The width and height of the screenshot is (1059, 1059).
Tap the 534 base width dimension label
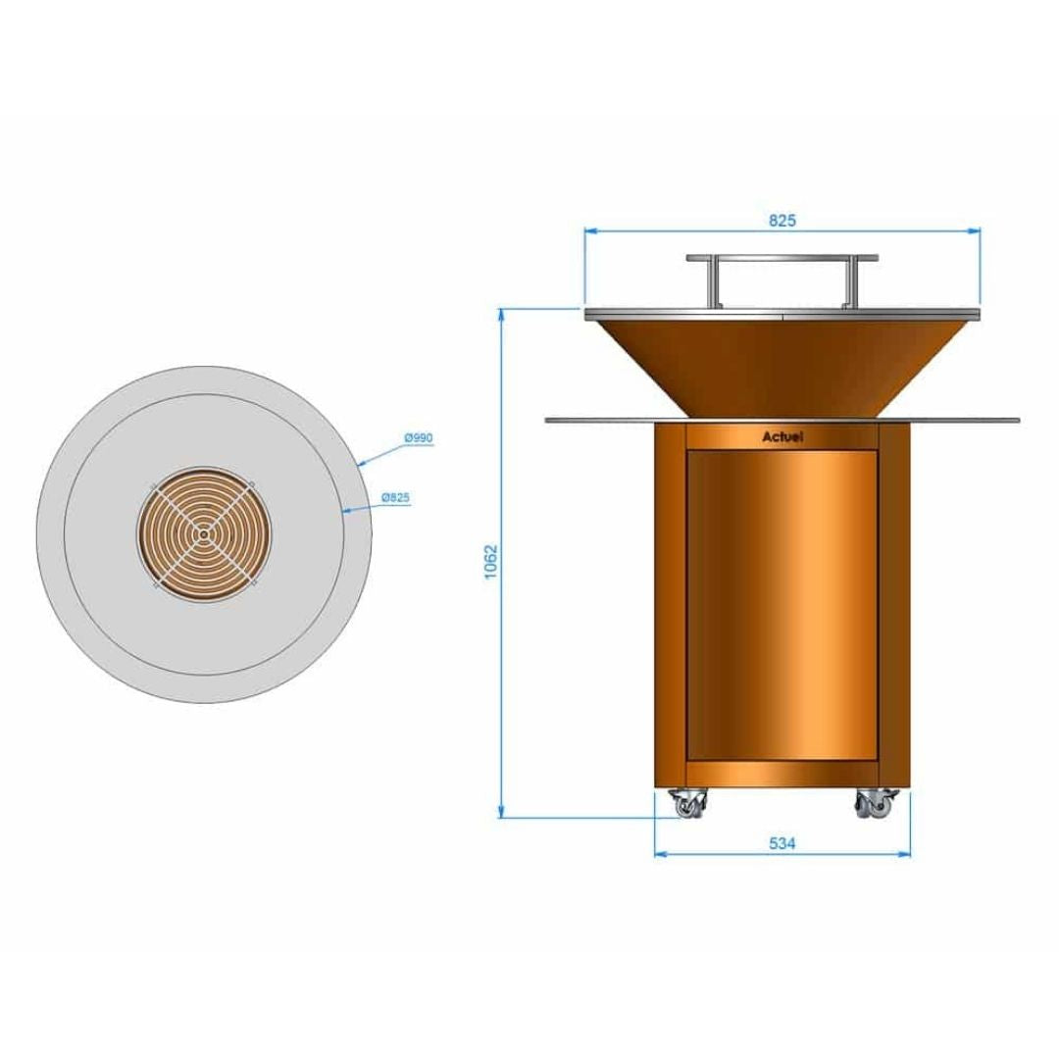(x=782, y=842)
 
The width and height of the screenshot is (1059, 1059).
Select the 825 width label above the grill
(x=782, y=221)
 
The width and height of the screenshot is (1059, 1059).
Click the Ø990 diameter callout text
(x=419, y=438)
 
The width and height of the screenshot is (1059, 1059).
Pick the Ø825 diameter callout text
(x=395, y=498)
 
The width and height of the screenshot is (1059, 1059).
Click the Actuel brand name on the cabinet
(x=782, y=437)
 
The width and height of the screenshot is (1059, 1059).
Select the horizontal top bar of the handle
(x=782, y=258)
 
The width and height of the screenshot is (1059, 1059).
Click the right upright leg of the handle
(x=849, y=282)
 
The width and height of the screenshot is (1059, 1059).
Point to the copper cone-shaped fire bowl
(x=782, y=363)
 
